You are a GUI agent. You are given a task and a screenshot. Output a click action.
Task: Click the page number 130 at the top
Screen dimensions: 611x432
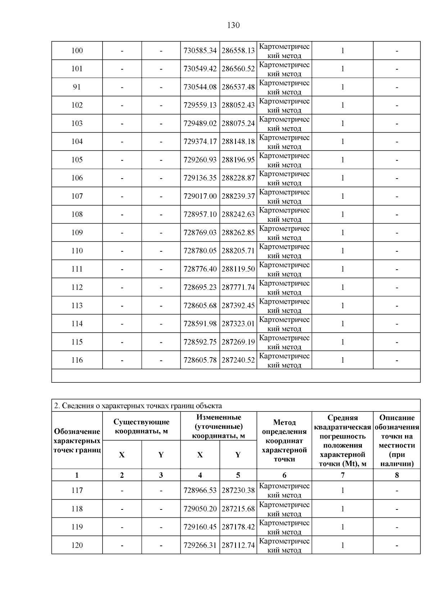click(x=233, y=25)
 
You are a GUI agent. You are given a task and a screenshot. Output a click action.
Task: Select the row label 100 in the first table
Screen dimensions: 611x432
click(x=77, y=51)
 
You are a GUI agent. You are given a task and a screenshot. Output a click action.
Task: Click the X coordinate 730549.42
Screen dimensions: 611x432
click(x=200, y=69)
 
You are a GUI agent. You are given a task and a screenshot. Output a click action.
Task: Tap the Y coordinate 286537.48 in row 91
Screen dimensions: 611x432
click(x=238, y=87)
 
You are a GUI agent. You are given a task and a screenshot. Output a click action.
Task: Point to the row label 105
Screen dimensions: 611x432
click(x=77, y=160)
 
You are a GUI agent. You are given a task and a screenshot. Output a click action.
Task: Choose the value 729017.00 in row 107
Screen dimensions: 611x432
click(x=200, y=196)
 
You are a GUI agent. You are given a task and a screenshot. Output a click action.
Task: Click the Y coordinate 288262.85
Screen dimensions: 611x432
click(x=238, y=233)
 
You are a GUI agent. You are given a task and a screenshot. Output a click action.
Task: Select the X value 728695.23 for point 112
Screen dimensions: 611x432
click(x=200, y=287)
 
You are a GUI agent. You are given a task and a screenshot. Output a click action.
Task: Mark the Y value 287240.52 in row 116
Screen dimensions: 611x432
click(x=238, y=360)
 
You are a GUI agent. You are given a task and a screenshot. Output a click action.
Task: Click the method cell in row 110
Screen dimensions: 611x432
click(x=284, y=251)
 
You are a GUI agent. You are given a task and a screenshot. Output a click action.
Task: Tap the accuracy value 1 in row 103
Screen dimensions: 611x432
click(x=342, y=123)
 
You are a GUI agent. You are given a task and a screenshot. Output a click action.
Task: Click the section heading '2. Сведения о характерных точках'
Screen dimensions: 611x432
click(x=138, y=406)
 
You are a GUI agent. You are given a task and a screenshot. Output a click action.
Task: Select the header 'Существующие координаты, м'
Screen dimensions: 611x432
click(x=141, y=426)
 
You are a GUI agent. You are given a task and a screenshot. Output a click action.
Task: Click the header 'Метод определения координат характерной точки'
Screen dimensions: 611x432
click(x=284, y=440)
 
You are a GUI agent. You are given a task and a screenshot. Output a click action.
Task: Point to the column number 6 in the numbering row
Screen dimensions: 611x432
click(x=284, y=475)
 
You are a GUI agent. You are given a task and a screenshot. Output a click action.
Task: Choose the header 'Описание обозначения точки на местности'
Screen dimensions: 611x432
click(x=397, y=440)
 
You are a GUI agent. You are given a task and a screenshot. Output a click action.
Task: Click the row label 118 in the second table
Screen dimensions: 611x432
click(x=77, y=509)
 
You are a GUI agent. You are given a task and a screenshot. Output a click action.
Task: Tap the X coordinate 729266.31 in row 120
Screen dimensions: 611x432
click(x=200, y=545)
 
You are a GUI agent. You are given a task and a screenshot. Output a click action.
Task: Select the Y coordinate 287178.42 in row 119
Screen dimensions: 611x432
click(x=238, y=527)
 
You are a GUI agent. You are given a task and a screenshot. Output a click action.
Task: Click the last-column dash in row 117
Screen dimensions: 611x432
click(x=397, y=490)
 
